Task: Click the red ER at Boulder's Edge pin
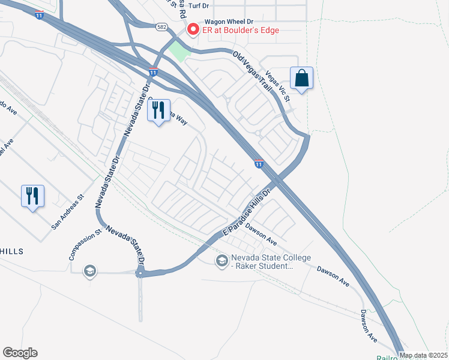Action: [193, 29]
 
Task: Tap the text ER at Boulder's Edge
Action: [240, 31]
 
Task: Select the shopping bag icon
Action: [301, 78]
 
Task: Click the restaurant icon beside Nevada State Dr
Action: [158, 110]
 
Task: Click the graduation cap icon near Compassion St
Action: [90, 270]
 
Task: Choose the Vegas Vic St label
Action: [278, 87]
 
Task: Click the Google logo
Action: [20, 353]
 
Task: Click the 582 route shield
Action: [161, 27]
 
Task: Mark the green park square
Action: [179, 52]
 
